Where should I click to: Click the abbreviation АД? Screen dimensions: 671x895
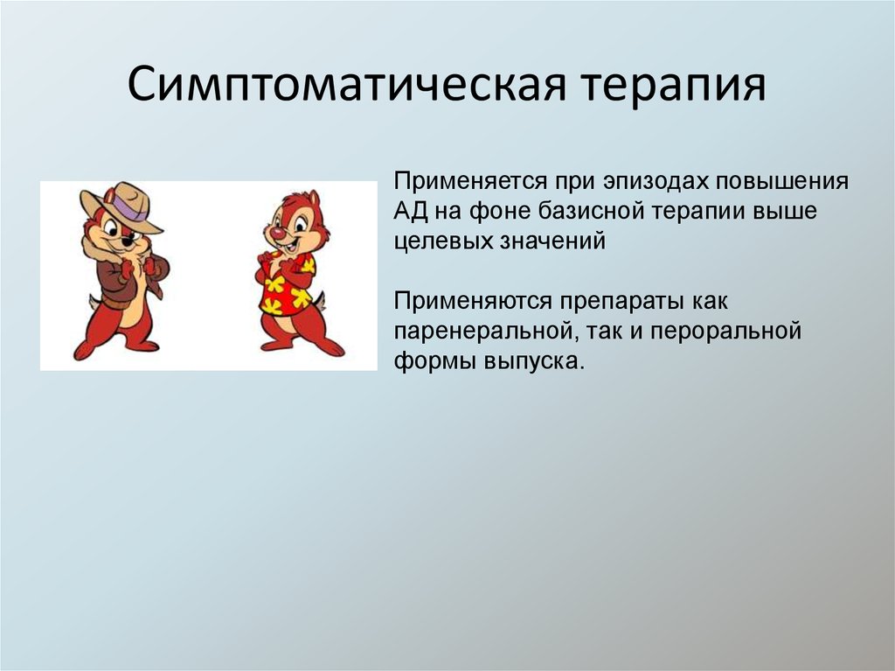pyautogui.click(x=409, y=213)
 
